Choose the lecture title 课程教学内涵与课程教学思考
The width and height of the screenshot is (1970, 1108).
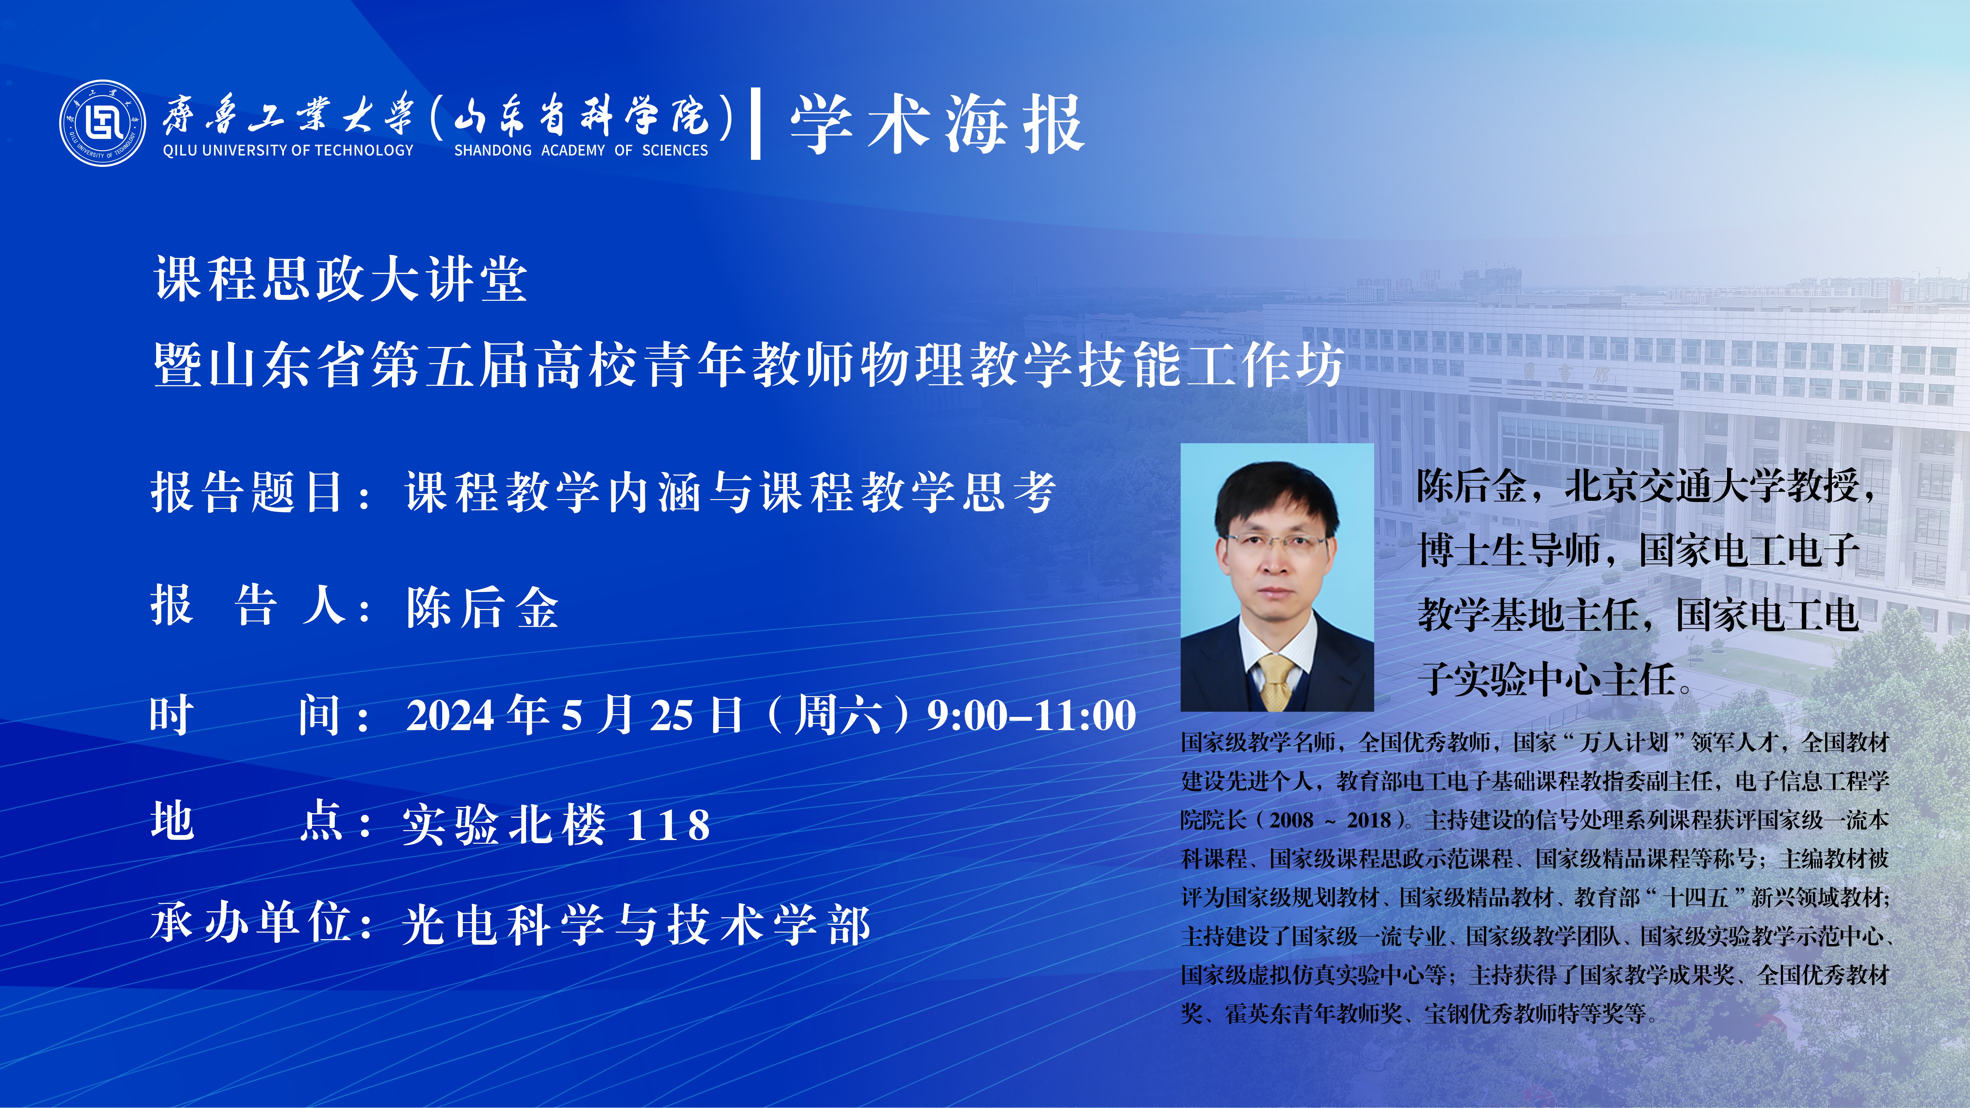point(730,492)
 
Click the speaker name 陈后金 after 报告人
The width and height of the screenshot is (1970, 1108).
point(483,608)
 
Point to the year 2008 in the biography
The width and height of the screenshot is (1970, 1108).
point(1292,821)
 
